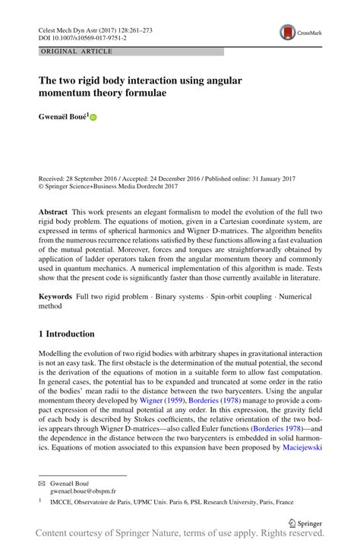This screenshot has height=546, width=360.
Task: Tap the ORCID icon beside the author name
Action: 94,118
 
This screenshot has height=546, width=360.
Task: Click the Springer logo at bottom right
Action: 305,522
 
